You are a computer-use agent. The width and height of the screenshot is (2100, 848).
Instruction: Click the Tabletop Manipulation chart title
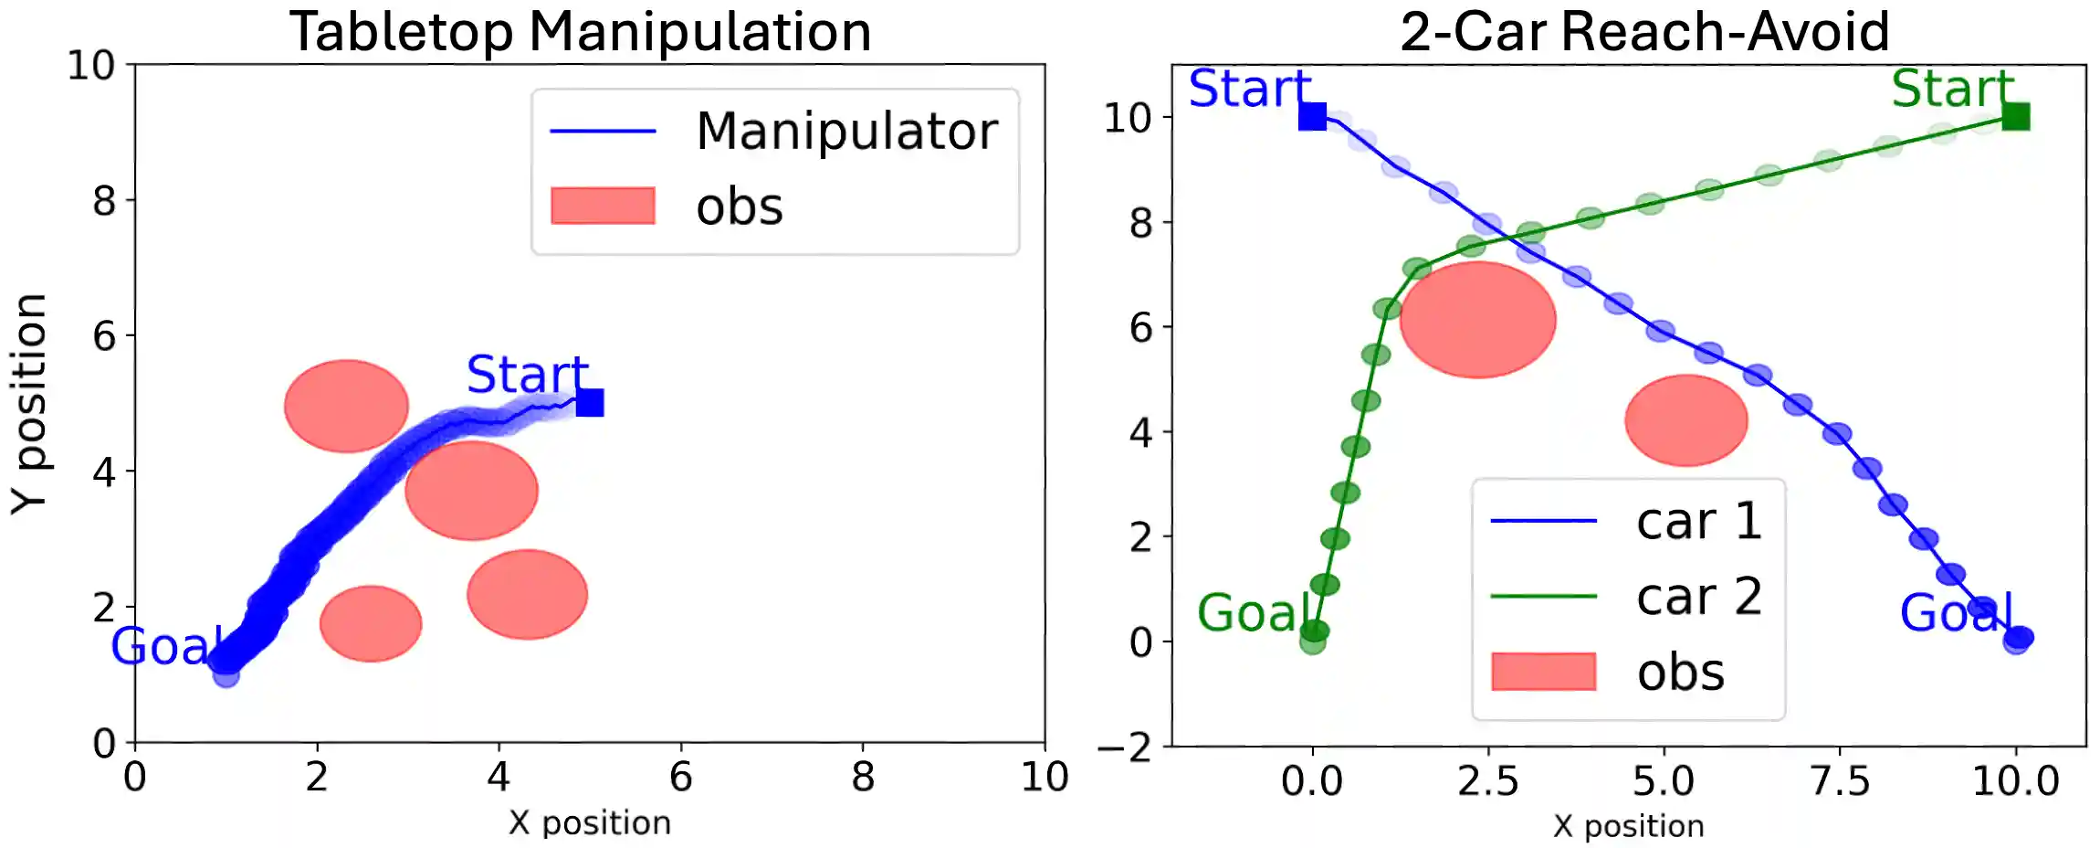pos(580,32)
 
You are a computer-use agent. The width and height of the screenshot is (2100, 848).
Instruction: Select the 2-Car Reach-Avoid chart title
pos(1644,32)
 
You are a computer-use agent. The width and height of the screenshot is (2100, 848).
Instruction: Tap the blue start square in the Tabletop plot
pos(590,402)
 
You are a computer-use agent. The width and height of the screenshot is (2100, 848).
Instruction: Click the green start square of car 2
pos(2015,117)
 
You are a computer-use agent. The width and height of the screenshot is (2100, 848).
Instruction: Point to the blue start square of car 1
pos(1312,117)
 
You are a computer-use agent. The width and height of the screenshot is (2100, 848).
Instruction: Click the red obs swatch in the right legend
pos(1543,672)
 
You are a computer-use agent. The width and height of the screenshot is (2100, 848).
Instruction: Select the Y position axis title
pos(29,403)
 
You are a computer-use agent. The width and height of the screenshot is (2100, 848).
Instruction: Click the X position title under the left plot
pos(590,823)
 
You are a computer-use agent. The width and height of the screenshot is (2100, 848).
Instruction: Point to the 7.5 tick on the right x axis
pos(1839,781)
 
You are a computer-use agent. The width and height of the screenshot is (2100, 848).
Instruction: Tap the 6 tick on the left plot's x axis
pos(680,778)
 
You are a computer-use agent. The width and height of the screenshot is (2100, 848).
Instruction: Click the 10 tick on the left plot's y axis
pos(91,66)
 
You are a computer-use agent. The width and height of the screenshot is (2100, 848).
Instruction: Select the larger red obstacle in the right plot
pos(1477,320)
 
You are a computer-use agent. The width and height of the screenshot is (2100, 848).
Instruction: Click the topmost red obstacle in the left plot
pos(346,406)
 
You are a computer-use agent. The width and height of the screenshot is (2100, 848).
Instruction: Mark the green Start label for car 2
pos(1952,89)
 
